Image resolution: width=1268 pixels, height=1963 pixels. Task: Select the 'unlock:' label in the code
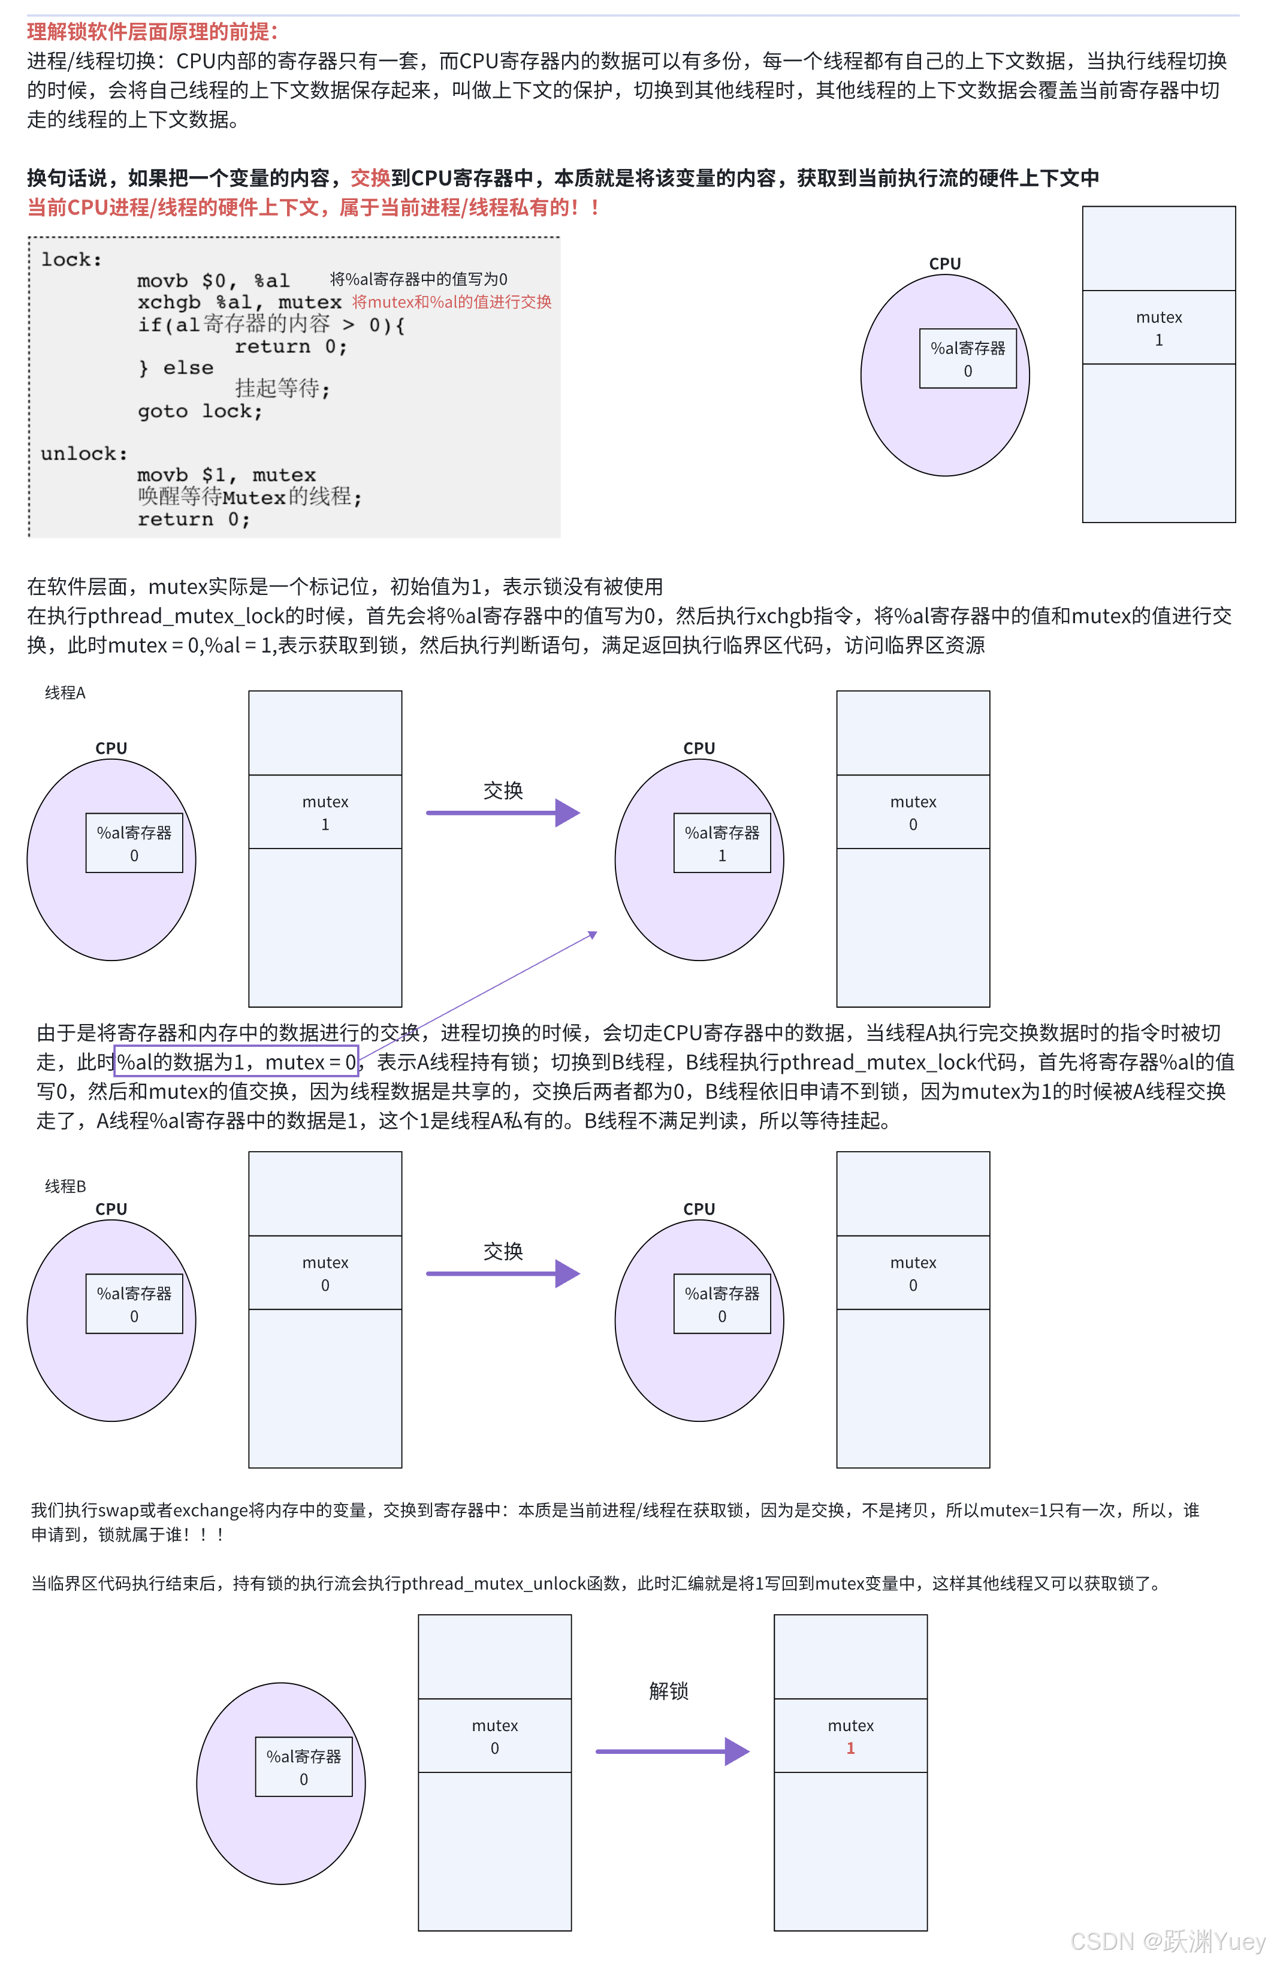coord(83,454)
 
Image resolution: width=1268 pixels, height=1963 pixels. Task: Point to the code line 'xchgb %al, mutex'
coord(238,302)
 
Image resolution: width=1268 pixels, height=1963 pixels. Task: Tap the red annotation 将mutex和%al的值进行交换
coord(451,302)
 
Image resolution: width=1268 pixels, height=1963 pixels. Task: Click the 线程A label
coord(65,692)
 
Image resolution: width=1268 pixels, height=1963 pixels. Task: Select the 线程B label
coord(65,1185)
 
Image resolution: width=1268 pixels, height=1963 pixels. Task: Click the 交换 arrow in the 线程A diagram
coord(502,813)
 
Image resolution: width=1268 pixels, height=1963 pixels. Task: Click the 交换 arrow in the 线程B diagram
coord(502,1273)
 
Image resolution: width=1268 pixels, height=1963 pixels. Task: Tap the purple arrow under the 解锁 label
coord(671,1751)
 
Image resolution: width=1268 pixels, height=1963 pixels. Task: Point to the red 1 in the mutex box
coord(850,1747)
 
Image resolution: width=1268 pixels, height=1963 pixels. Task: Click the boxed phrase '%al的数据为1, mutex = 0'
coord(236,1062)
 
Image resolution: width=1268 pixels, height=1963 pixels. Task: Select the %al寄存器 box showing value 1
coord(721,843)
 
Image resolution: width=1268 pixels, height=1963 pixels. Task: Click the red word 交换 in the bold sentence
coord(370,178)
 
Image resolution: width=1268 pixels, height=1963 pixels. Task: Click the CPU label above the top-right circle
coord(944,264)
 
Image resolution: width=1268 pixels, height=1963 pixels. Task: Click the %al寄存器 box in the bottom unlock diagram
coord(303,1766)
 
